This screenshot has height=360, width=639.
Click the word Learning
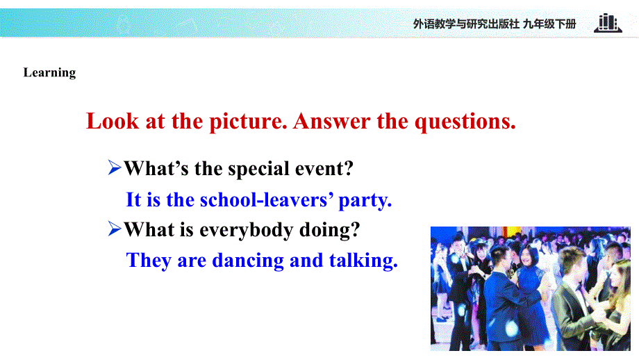tap(49, 73)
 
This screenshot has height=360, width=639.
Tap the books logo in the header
tap(607, 23)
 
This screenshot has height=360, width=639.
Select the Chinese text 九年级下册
tap(549, 24)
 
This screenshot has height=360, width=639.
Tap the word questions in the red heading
tap(465, 122)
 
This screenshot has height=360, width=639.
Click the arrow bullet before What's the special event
tap(115, 167)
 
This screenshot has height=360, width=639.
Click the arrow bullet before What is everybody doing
tap(115, 229)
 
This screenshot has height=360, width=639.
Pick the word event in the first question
tap(326, 168)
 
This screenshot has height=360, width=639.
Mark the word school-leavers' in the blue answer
tap(266, 200)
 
